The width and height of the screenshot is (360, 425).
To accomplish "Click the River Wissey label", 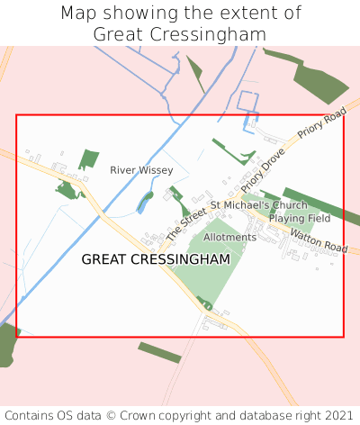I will click(135, 169).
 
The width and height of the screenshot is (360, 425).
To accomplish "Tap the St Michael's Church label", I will click(259, 205).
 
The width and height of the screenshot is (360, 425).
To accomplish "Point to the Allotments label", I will click(229, 237).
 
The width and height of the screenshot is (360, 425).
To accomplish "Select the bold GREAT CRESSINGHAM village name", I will click(156, 259).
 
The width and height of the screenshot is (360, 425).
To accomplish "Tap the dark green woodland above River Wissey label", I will click(88, 159).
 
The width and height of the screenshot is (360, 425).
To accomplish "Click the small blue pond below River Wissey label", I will click(144, 203).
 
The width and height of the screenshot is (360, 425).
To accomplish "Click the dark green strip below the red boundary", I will click(159, 351).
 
